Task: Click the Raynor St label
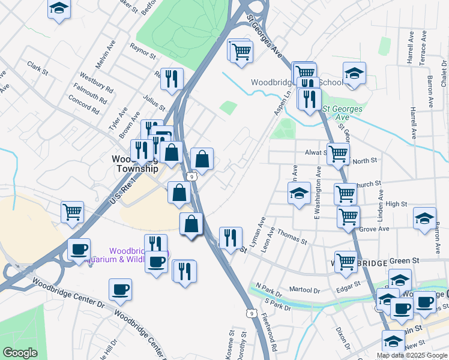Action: [x=142, y=47]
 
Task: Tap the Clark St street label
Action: [x=37, y=68]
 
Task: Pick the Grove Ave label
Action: [x=374, y=229]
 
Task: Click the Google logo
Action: [x=20, y=353]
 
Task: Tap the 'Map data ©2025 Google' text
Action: [x=412, y=355]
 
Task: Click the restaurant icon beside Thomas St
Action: [x=230, y=238]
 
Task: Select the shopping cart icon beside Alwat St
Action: [x=338, y=154]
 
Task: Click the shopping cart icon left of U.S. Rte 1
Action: [x=72, y=212]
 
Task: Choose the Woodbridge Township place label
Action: [x=135, y=164]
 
